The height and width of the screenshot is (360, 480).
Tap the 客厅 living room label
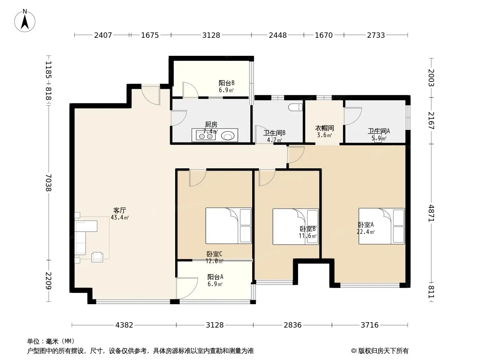point(119,211)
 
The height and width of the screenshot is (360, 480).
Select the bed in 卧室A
point(382,226)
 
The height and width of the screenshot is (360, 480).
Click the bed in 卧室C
point(228,226)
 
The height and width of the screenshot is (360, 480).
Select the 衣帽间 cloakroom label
point(324,128)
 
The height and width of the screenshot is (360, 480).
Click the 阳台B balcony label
point(226,83)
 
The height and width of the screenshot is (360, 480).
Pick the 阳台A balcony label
point(215,277)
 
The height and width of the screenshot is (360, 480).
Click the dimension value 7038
point(49,183)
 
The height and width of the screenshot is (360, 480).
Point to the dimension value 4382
point(124,325)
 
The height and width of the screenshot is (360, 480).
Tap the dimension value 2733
point(376,35)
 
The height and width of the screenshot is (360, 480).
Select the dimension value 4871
point(431,213)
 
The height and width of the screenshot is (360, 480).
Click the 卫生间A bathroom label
point(379,131)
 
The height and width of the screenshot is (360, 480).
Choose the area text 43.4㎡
point(120,217)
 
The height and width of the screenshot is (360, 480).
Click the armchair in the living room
point(97,256)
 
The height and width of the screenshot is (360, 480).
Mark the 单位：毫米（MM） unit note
point(51,341)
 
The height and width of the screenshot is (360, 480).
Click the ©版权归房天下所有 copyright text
point(380,351)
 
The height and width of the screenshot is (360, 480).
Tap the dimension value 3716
point(370,325)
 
